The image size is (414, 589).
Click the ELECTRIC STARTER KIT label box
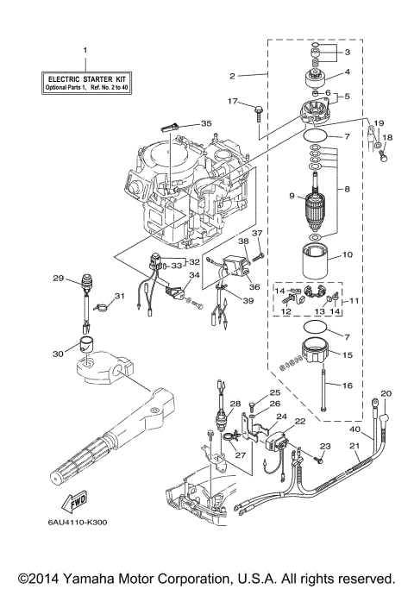coord(85,84)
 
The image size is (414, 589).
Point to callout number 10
coord(348,254)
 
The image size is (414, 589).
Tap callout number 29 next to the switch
coord(59,278)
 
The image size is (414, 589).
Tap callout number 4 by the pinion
coord(348,72)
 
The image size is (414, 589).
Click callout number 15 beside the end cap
coord(348,354)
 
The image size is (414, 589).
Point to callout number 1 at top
coord(85,50)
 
